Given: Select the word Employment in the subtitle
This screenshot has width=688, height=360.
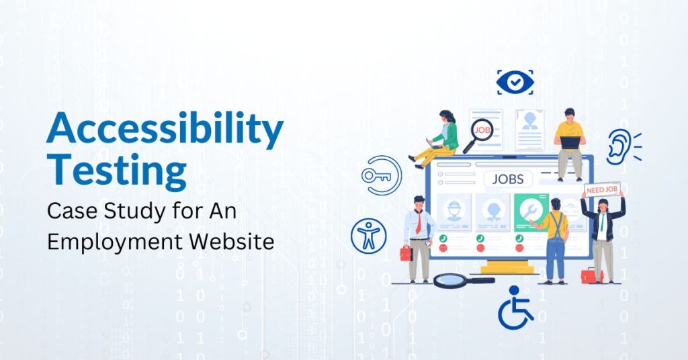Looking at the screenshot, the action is click(x=115, y=242).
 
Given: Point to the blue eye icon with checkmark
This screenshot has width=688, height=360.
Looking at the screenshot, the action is click(x=515, y=82).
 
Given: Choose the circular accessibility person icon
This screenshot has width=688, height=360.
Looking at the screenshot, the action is click(x=369, y=236).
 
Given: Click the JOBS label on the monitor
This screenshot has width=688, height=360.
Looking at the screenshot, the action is click(x=508, y=179).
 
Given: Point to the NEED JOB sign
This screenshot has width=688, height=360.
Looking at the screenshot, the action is click(x=602, y=189).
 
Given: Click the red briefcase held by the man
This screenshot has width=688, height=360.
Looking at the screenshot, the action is click(x=406, y=253).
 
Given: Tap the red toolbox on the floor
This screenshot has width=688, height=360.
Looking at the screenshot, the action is click(x=592, y=275).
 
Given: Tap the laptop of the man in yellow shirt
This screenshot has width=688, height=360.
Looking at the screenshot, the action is click(x=570, y=143).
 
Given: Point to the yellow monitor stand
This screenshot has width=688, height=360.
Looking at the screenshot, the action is click(x=507, y=267).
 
